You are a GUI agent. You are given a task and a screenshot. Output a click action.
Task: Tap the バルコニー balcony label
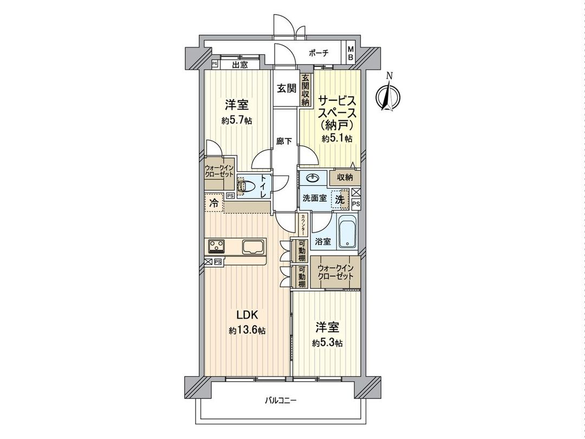point(281,401)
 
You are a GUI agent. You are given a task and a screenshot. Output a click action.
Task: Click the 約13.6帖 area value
point(247,330)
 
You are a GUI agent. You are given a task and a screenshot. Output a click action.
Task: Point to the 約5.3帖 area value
point(327,343)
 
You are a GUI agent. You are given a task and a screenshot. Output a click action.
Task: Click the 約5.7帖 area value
point(237,120)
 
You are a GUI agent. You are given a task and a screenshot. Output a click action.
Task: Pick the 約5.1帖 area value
point(337,139)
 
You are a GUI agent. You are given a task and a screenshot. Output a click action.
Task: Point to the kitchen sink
point(253,247)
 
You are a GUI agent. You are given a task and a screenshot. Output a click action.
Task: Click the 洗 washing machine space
point(340,198)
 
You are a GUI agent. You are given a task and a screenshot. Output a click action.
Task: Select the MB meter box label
point(350,53)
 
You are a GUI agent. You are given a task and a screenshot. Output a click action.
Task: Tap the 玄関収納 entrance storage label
point(305,89)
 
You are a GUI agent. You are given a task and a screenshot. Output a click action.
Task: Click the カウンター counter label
point(303,224)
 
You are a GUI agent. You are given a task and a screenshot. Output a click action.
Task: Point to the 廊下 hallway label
point(284,141)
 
